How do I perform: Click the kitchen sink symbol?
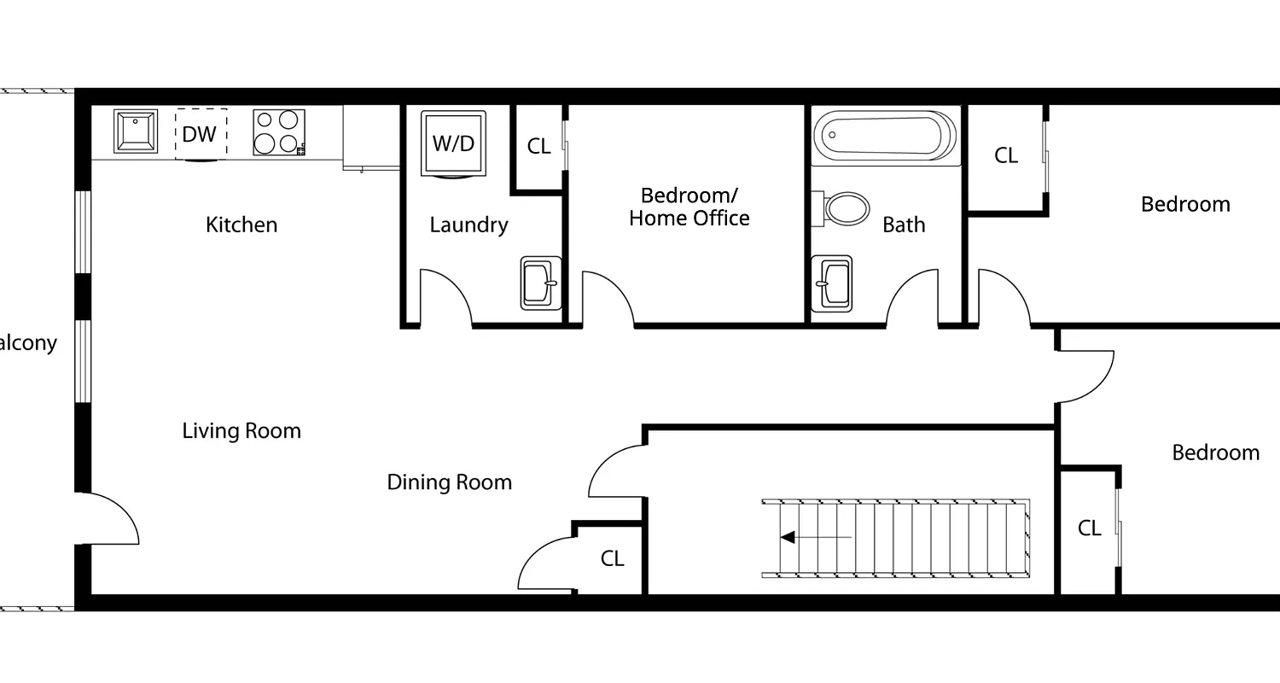(x=136, y=131)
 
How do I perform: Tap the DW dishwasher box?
(x=201, y=133)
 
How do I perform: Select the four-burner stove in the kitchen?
(x=278, y=132)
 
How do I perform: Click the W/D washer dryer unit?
(x=453, y=143)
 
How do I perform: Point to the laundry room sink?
(x=541, y=283)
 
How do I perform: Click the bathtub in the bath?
(x=884, y=136)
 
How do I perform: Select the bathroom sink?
(x=832, y=283)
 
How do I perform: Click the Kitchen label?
(x=241, y=225)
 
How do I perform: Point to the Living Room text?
(x=241, y=430)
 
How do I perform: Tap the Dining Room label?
(x=450, y=482)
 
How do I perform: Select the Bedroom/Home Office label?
(x=689, y=207)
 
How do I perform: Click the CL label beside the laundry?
(x=538, y=146)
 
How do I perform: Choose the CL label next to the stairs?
(x=612, y=558)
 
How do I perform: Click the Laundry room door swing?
(x=445, y=295)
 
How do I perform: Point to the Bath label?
(x=904, y=225)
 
